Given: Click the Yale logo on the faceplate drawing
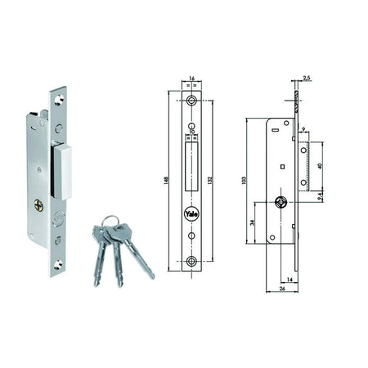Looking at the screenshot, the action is tap(191, 214).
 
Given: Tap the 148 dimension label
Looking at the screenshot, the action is tap(166, 181).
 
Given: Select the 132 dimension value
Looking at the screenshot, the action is tap(209, 181).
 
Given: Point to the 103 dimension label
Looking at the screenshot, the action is tap(244, 181).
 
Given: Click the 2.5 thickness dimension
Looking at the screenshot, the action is tap(307, 79).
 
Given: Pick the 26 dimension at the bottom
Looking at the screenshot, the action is tap(282, 289).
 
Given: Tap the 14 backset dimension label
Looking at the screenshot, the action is tap(289, 280).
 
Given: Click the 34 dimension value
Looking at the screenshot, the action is tap(252, 222).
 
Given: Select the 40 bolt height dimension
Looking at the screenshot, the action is tap(320, 166).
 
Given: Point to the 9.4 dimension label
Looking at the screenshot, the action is tap(321, 196).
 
